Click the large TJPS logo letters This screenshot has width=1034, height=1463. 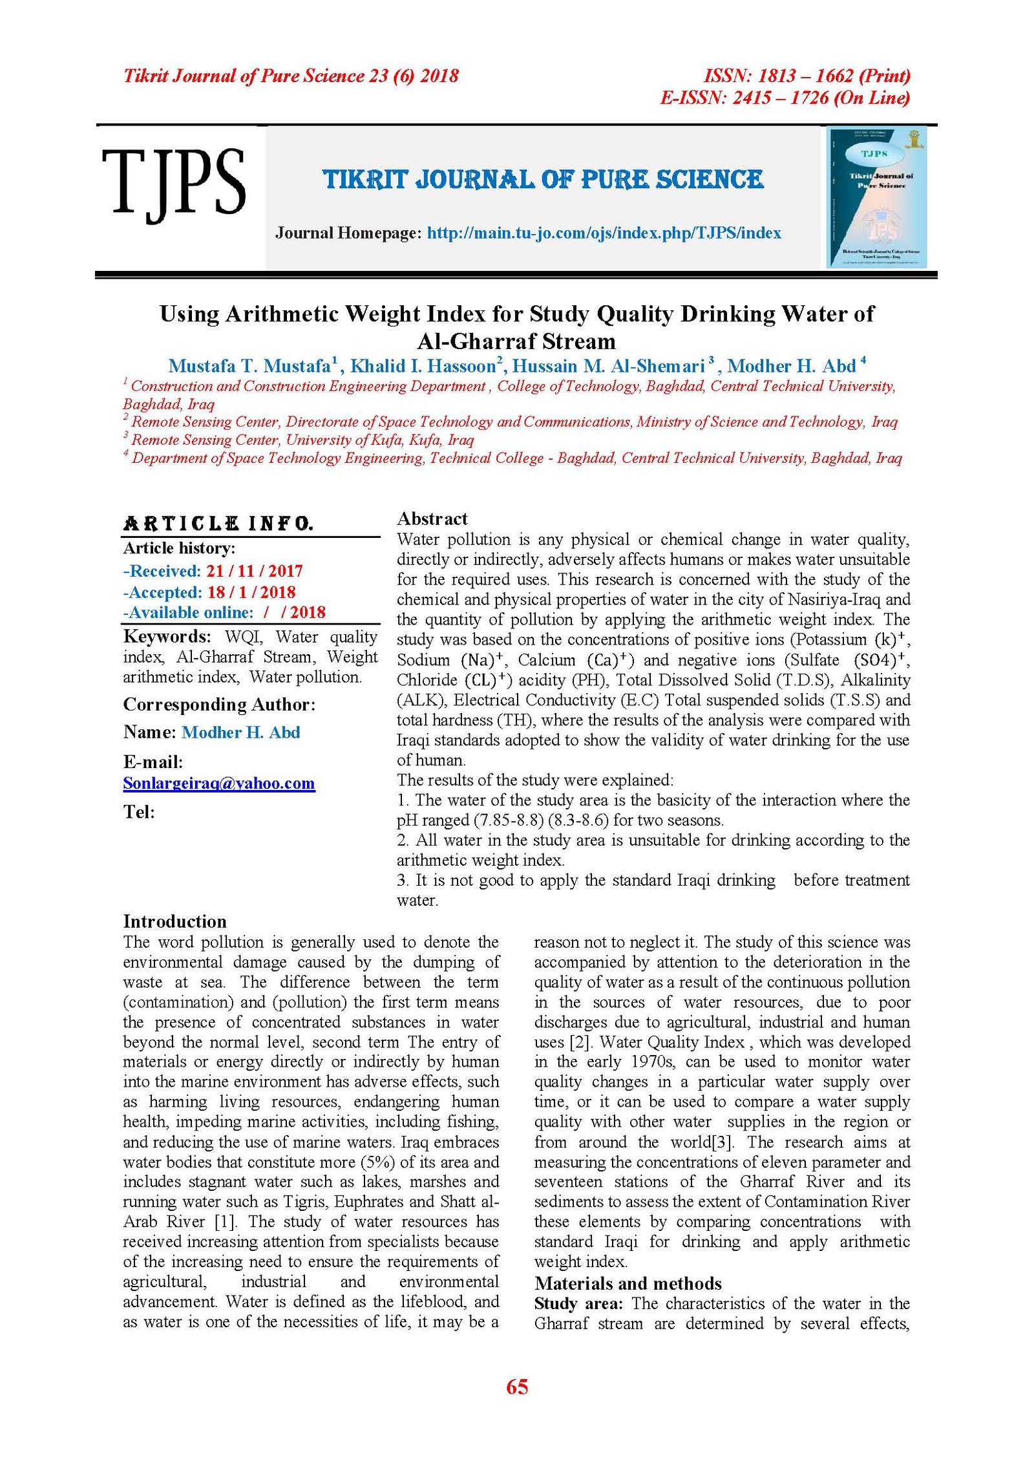tap(173, 183)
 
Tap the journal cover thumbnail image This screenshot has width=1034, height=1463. tap(877, 197)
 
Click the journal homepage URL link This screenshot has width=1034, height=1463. tap(604, 233)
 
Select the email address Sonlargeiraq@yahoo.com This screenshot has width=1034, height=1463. tap(219, 784)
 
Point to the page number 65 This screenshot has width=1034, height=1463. tap(517, 1387)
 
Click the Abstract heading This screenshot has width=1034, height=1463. tap(432, 518)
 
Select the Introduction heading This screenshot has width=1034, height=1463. tap(174, 921)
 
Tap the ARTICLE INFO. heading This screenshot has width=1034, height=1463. tap(218, 523)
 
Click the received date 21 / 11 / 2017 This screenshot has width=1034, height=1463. tap(254, 571)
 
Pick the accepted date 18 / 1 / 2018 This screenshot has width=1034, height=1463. tap(251, 592)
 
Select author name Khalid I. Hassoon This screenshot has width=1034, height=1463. tap(423, 366)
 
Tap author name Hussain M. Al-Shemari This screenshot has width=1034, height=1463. tap(608, 366)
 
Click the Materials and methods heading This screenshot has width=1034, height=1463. tap(628, 1283)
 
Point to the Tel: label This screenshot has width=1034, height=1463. tap(139, 812)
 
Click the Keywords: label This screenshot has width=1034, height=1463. tap(167, 636)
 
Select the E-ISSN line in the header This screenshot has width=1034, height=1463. tap(785, 98)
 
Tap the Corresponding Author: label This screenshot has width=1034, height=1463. tap(219, 704)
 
